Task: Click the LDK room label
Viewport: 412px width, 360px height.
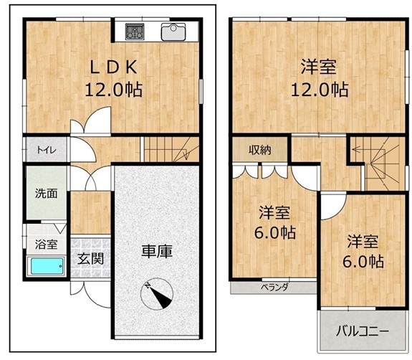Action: pyautogui.click(x=113, y=67)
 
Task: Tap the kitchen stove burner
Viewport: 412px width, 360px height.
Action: pyautogui.click(x=135, y=32)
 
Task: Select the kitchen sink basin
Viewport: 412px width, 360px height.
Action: pyautogui.click(x=173, y=32)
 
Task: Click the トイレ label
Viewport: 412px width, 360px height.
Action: pyautogui.click(x=47, y=150)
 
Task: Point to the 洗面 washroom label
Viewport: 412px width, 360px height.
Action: pyautogui.click(x=47, y=194)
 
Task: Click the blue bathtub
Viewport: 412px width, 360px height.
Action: pyautogui.click(x=47, y=266)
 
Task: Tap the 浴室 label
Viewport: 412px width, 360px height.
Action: pyautogui.click(x=47, y=245)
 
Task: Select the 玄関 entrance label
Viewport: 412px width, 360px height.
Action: pyautogui.click(x=91, y=259)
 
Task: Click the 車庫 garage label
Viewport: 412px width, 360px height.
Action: pyautogui.click(x=157, y=252)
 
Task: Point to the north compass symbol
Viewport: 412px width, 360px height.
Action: pyautogui.click(x=157, y=294)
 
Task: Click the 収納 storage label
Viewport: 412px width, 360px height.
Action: pyautogui.click(x=260, y=150)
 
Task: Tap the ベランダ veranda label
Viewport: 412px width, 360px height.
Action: pyautogui.click(x=274, y=287)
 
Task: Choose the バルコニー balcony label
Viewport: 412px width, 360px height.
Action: pyautogui.click(x=362, y=331)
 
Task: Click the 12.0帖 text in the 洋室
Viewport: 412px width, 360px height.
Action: pyautogui.click(x=320, y=90)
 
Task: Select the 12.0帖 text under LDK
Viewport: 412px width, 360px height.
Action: pyautogui.click(x=113, y=90)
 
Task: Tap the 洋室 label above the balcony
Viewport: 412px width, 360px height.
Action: pyautogui.click(x=363, y=242)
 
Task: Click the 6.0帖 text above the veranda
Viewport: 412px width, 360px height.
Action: pyautogui.click(x=275, y=233)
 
